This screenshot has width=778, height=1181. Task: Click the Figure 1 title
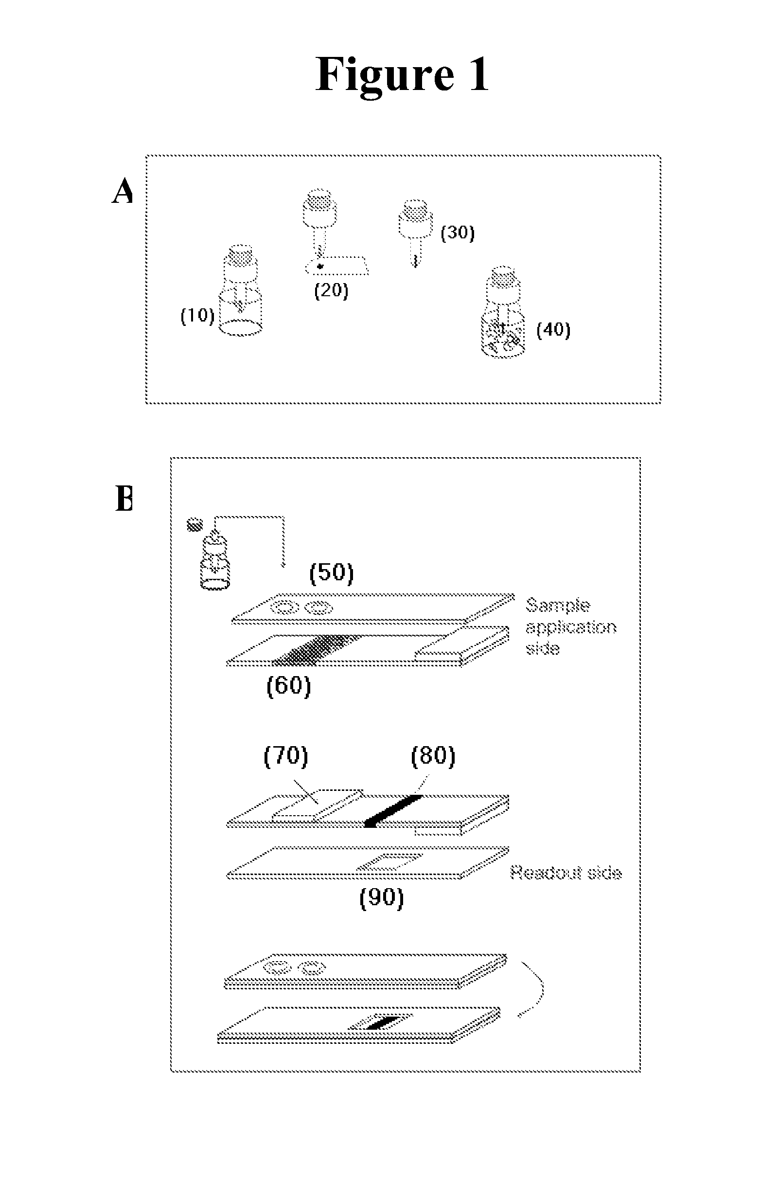pyautogui.click(x=402, y=74)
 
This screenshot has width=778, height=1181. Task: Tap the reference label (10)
pyautogui.click(x=197, y=316)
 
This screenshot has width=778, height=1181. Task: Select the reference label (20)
pyautogui.click(x=331, y=290)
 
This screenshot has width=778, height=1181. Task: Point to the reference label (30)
pyautogui.click(x=458, y=232)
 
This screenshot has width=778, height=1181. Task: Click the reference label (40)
pyautogui.click(x=553, y=329)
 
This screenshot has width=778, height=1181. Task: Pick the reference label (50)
pyautogui.click(x=331, y=573)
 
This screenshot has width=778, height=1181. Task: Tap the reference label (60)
pyautogui.click(x=288, y=686)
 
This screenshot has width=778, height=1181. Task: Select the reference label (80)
pyautogui.click(x=433, y=756)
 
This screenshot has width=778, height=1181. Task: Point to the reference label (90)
pyautogui.click(x=381, y=897)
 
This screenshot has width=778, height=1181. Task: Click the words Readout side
pyautogui.click(x=566, y=872)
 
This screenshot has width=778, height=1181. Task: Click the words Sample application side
pyautogui.click(x=570, y=626)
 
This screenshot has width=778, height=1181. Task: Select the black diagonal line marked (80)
pyautogui.click(x=393, y=810)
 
